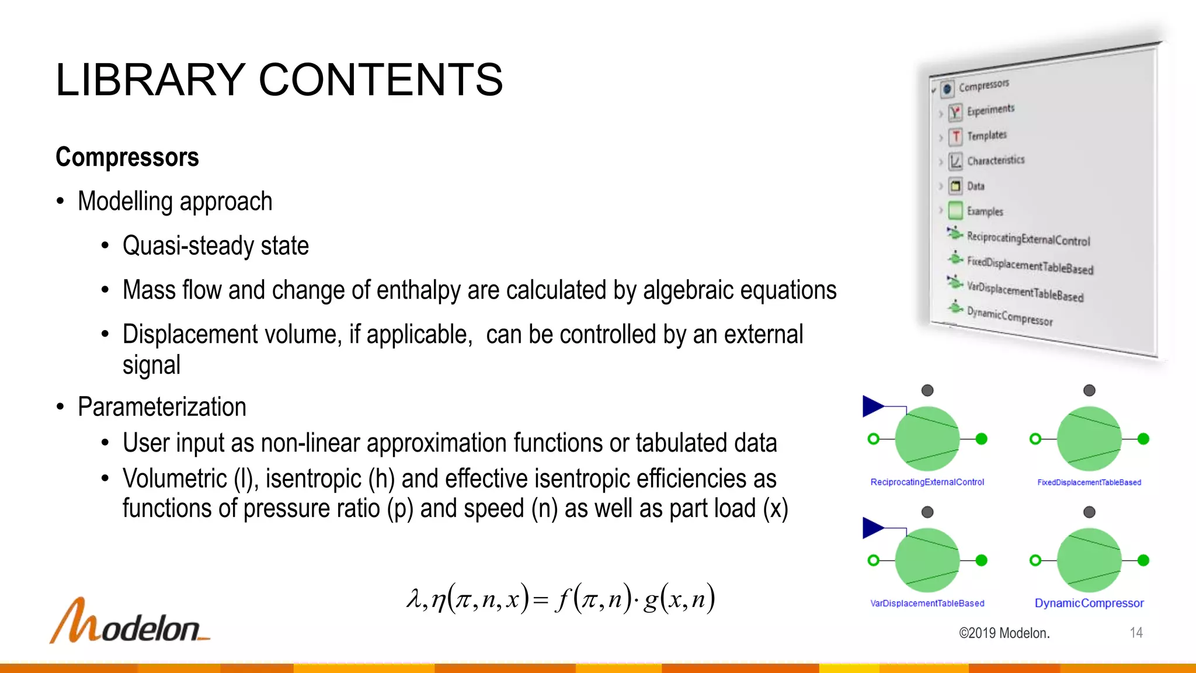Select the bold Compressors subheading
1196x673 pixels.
click(x=127, y=157)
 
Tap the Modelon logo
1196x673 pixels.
click(x=129, y=622)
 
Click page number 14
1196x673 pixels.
click(x=1136, y=633)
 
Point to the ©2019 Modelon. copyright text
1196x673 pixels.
click(x=1004, y=633)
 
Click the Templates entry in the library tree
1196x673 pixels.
click(x=986, y=136)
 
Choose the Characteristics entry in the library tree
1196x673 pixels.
click(x=995, y=160)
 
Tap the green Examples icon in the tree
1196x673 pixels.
click(x=955, y=210)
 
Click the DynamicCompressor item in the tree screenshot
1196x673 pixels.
click(x=1009, y=316)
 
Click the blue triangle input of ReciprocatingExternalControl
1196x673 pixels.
click(x=872, y=406)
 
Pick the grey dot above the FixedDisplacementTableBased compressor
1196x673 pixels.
click(x=1089, y=390)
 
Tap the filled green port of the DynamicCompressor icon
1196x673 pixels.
click(x=1143, y=560)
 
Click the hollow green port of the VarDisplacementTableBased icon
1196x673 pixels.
click(x=874, y=560)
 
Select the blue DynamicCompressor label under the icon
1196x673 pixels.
click(x=1089, y=603)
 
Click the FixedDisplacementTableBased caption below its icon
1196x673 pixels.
click(x=1089, y=483)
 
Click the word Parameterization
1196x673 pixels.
click(x=162, y=407)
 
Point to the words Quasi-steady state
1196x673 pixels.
click(x=215, y=245)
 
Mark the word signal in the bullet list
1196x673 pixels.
click(x=151, y=365)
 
